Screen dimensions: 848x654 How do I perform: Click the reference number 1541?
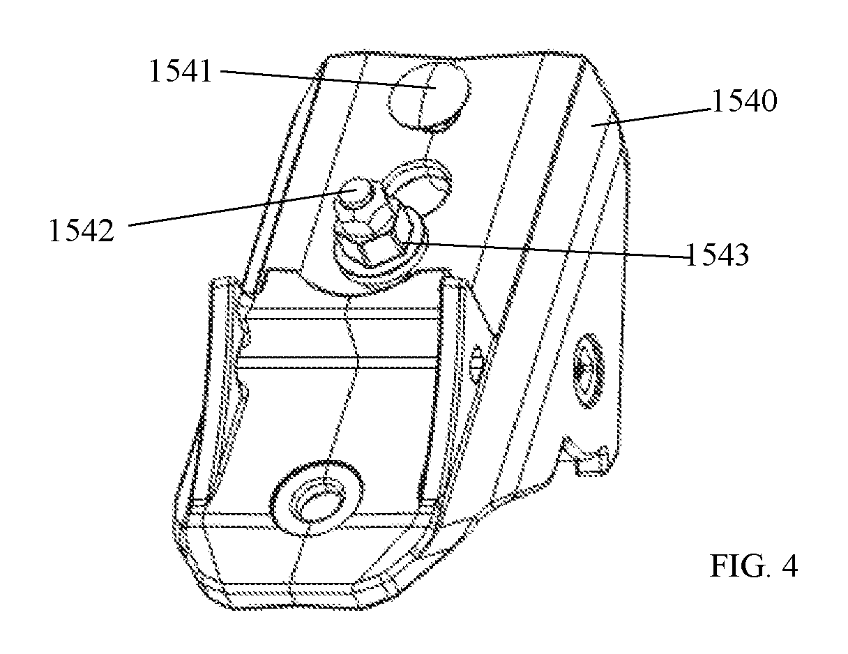181,71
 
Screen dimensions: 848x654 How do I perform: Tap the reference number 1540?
745,100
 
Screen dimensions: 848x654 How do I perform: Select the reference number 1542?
81,230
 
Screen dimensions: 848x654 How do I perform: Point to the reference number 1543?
717,254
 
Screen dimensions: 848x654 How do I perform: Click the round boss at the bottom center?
317,497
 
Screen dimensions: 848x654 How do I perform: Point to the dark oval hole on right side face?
588,370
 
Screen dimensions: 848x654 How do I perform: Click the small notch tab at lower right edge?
584,457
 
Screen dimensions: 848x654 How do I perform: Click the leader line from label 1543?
545,250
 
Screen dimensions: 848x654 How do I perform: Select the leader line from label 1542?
242,208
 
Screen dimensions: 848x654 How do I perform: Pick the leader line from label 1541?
328,79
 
